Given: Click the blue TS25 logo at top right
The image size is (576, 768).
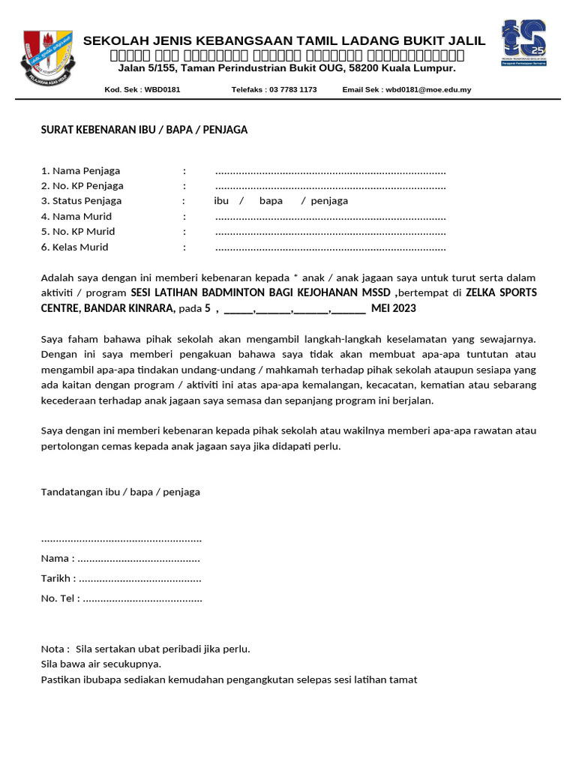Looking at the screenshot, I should pyautogui.click(x=523, y=43).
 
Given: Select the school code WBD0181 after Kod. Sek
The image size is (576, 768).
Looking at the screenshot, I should pyautogui.click(x=162, y=89).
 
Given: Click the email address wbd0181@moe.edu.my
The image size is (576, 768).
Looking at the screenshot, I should pyautogui.click(x=427, y=89).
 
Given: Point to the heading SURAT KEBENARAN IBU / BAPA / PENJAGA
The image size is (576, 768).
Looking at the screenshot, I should pyautogui.click(x=144, y=130).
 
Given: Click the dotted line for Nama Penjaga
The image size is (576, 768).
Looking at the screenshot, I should pyautogui.click(x=330, y=172).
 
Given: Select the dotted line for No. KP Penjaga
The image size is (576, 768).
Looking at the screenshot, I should pyautogui.click(x=330, y=187).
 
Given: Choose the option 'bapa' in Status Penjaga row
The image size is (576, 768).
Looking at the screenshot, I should pyautogui.click(x=271, y=201).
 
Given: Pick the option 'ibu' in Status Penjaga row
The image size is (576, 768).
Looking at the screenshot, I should pyautogui.click(x=221, y=201).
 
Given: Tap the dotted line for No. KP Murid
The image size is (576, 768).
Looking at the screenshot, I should pyautogui.click(x=330, y=232).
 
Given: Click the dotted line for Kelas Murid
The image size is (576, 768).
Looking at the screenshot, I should pyautogui.click(x=330, y=247).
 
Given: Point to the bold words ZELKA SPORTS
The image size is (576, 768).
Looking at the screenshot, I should pyautogui.click(x=501, y=292).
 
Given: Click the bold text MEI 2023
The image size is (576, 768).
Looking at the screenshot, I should pyautogui.click(x=393, y=308).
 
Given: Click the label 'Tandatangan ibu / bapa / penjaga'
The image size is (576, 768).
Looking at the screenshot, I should pyautogui.click(x=120, y=492).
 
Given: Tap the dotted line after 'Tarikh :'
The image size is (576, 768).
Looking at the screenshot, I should pyautogui.click(x=140, y=579).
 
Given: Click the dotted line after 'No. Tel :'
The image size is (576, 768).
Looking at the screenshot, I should pyautogui.click(x=142, y=598).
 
